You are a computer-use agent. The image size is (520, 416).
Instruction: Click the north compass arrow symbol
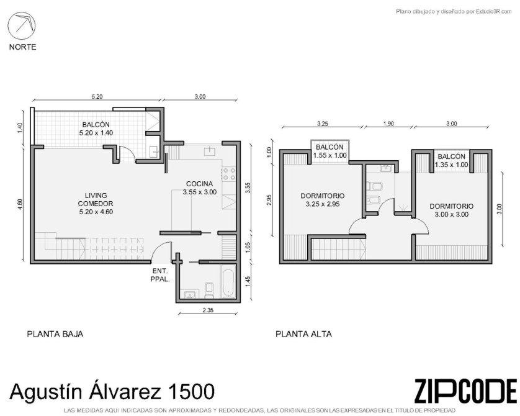22,26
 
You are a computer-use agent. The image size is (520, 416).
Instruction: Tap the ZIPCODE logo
465,391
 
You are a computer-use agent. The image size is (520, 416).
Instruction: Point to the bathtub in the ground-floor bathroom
228,283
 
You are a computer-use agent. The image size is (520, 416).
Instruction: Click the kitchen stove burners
229,173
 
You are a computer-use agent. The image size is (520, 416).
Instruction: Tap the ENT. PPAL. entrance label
160,275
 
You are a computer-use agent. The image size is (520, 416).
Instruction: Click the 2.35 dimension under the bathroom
208,310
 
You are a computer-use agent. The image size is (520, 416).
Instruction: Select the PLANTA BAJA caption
55,334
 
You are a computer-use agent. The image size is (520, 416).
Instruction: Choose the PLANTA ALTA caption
304,334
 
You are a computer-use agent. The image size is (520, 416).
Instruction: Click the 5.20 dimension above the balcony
97,96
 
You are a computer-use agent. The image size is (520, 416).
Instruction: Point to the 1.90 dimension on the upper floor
388,124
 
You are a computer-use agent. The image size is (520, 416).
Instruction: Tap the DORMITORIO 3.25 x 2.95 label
322,200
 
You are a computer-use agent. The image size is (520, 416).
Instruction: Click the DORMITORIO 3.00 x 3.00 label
451,210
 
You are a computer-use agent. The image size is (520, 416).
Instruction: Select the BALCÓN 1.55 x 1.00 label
329,151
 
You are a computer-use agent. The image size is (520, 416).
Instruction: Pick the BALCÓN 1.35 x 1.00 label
451,161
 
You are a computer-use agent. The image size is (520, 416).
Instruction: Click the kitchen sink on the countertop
210,151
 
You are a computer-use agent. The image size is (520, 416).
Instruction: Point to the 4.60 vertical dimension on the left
20,204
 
